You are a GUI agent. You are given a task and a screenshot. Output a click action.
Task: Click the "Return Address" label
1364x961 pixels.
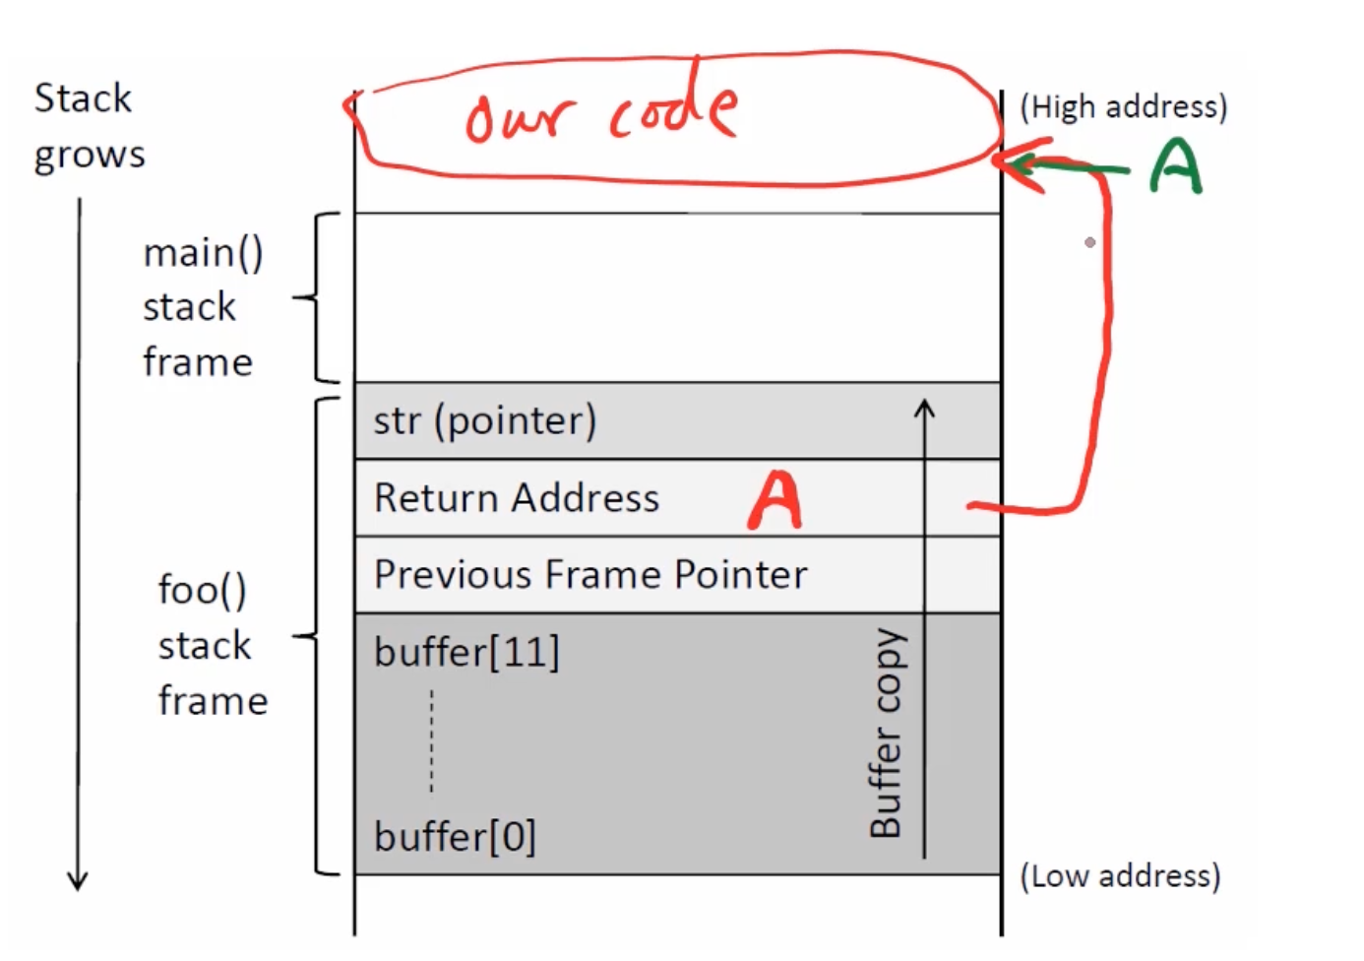(517, 498)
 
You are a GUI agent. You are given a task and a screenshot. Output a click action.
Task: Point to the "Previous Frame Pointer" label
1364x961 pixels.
(590, 575)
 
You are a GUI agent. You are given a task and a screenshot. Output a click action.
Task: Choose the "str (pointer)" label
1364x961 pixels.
(485, 420)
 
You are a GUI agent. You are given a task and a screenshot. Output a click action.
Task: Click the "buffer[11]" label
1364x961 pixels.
(466, 652)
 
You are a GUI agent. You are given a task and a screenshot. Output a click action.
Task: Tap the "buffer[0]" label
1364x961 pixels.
(455, 837)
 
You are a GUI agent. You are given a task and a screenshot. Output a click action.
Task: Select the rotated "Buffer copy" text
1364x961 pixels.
(886, 734)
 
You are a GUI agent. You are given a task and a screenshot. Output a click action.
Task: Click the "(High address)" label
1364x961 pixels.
(1123, 106)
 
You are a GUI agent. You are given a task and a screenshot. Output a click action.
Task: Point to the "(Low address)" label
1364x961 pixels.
(1120, 875)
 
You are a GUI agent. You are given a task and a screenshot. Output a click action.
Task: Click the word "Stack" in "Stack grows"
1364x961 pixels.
(83, 98)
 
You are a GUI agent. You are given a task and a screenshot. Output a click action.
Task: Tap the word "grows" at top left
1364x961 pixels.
(90, 156)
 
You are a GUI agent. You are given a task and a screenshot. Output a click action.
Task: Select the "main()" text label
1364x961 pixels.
(203, 253)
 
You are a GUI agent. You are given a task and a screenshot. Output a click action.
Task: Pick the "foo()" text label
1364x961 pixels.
(203, 590)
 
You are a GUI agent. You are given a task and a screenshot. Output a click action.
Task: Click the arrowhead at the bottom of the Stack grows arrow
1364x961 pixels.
(78, 879)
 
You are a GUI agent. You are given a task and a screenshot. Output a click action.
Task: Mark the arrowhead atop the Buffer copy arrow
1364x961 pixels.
(924, 407)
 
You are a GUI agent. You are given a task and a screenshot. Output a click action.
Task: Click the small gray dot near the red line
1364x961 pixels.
(1089, 242)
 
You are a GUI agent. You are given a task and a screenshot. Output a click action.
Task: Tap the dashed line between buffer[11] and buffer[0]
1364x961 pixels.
(431, 740)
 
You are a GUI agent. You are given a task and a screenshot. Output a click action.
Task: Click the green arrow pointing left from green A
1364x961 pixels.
(1068, 166)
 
